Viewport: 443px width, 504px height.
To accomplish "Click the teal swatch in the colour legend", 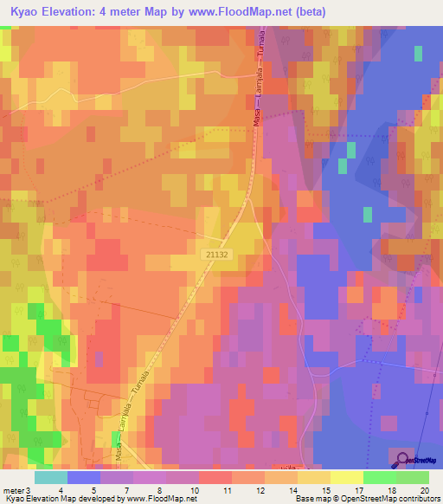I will click(51, 477).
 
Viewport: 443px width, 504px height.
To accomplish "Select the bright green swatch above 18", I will click(379, 477).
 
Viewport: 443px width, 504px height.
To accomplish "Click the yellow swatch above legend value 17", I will click(346, 477).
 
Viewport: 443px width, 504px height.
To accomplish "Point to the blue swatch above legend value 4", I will click(84, 477).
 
